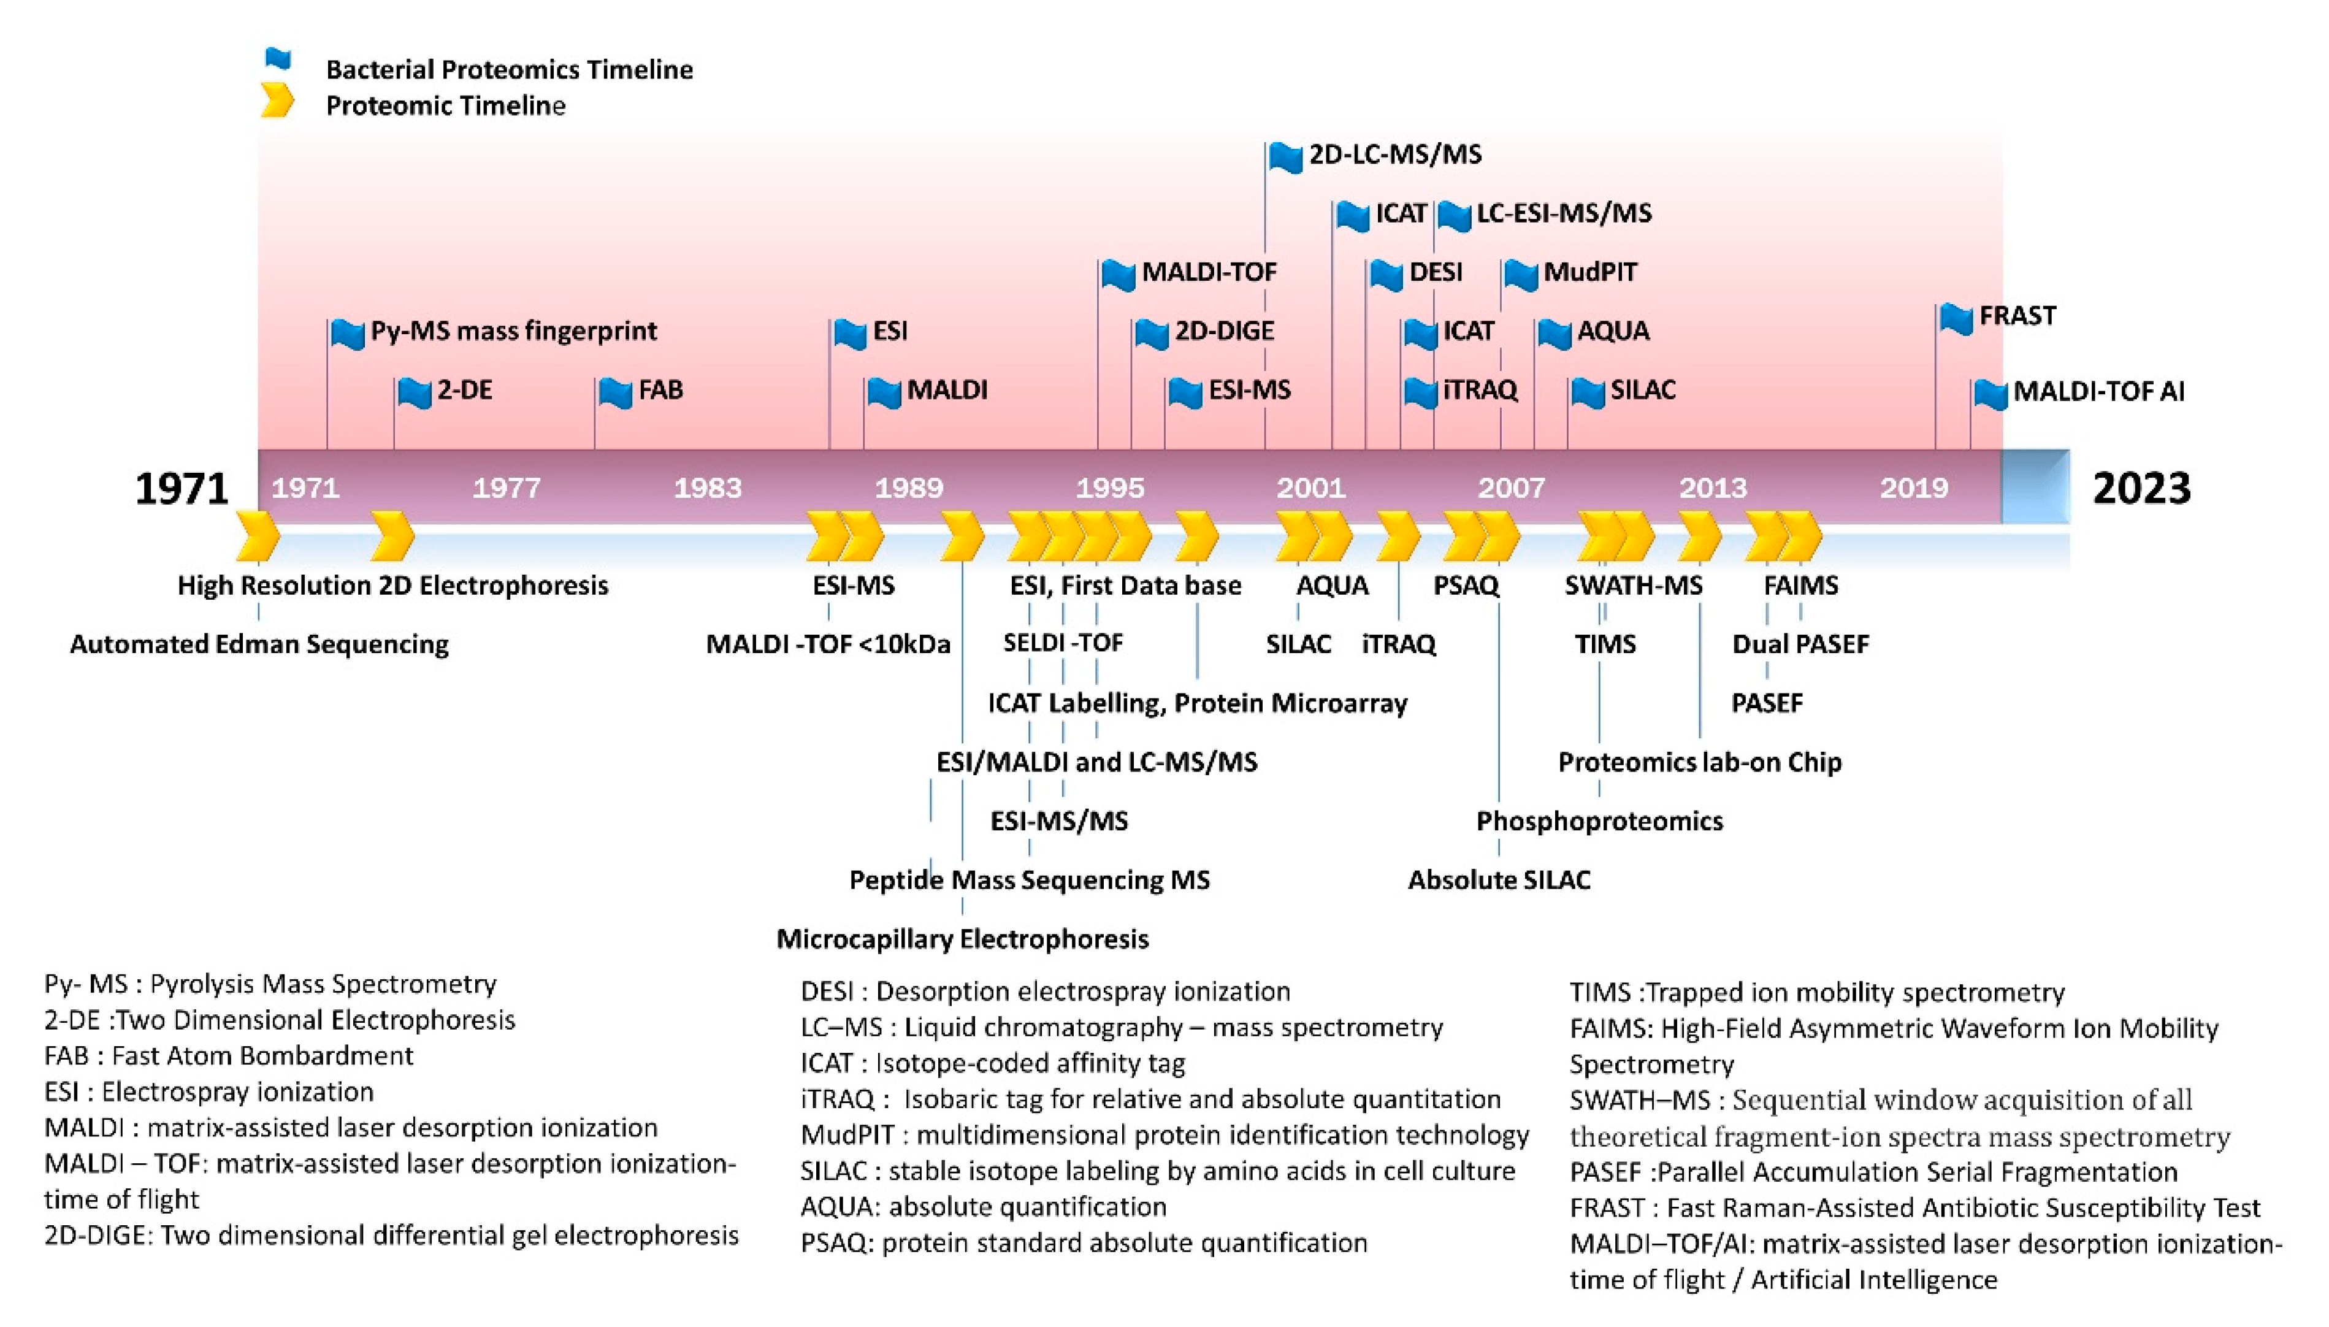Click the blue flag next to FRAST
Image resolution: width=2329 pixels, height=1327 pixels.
(x=1956, y=319)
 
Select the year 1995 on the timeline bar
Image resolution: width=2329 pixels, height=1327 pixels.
(x=1110, y=488)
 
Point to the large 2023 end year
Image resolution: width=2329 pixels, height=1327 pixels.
(x=2141, y=489)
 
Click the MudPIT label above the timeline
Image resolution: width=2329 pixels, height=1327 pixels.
(x=1590, y=272)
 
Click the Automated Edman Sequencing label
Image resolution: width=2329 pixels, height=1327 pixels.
(x=259, y=644)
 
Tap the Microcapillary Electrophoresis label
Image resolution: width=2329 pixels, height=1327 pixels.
(x=962, y=939)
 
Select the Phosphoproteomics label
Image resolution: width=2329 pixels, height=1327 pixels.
(x=1599, y=821)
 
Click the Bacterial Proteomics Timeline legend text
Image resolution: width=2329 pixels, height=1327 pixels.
(x=510, y=69)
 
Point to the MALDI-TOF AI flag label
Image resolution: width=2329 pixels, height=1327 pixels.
(x=2098, y=391)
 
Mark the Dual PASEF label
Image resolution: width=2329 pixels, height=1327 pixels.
(x=1800, y=644)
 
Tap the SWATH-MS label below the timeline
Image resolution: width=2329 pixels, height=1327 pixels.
(x=1633, y=585)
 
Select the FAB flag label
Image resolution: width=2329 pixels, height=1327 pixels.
(x=660, y=390)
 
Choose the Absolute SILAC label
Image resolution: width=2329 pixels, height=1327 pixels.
(x=1499, y=881)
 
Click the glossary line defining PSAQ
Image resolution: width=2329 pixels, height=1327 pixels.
(x=1084, y=1243)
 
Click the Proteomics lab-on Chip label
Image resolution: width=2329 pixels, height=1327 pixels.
(x=1699, y=762)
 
